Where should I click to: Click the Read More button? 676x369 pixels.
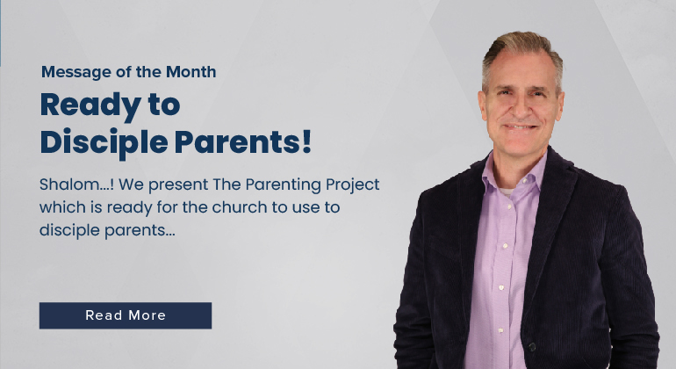click(126, 315)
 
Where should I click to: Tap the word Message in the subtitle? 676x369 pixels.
click(76, 72)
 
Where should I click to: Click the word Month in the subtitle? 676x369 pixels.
click(191, 72)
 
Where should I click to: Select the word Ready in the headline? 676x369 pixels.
click(90, 105)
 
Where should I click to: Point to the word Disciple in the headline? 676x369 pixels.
click(104, 142)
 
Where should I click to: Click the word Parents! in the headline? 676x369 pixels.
click(242, 142)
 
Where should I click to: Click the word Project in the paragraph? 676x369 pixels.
click(353, 184)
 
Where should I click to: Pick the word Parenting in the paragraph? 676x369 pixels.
click(284, 184)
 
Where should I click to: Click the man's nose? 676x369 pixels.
click(521, 110)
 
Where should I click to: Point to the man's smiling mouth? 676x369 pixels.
click(520, 127)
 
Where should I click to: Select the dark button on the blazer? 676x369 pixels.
click(532, 346)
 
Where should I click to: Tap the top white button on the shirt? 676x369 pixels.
click(508, 207)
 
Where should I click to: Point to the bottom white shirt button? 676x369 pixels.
click(500, 330)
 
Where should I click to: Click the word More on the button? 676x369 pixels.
click(147, 315)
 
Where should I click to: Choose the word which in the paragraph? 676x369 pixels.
click(62, 207)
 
